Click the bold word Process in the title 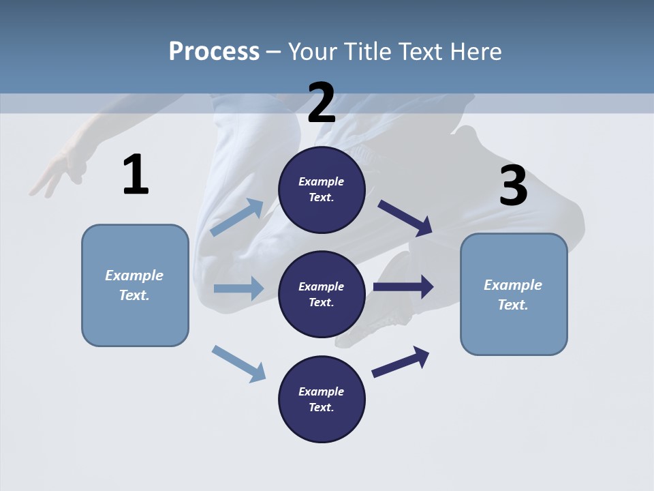coord(214,51)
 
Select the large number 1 coord(136,175)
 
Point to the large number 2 coord(322,103)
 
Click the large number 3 coord(513,186)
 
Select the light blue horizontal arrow coord(238,288)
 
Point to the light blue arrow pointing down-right coord(239,363)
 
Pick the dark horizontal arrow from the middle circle coord(403,286)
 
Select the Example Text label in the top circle coord(322,190)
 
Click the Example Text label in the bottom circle coord(322,400)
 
